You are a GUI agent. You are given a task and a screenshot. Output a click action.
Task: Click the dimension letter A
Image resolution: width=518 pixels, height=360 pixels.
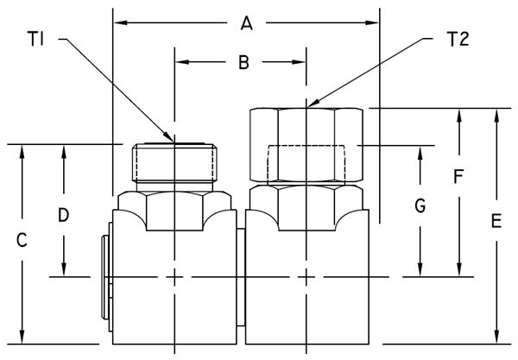click(x=246, y=25)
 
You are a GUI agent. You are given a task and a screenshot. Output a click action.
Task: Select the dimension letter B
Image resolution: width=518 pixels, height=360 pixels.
click(x=243, y=62)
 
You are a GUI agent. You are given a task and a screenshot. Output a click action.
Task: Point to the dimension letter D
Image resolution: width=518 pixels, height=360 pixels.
click(x=63, y=213)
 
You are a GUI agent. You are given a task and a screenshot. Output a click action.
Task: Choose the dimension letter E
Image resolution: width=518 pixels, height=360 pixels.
click(x=495, y=222)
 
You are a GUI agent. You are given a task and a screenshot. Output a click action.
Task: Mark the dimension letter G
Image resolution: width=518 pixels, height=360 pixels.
click(x=420, y=207)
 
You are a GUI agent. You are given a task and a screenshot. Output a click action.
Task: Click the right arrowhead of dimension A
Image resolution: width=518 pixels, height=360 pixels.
click(x=374, y=24)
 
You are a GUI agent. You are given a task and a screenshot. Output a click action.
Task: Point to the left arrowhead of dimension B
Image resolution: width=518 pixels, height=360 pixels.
click(x=180, y=61)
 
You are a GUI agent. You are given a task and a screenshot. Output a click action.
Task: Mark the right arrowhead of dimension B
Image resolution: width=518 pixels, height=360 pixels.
click(x=301, y=61)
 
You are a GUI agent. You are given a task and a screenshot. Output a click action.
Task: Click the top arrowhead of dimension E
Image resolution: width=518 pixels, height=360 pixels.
click(x=496, y=114)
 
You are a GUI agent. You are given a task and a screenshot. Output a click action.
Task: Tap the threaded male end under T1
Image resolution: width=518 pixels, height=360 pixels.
click(x=174, y=163)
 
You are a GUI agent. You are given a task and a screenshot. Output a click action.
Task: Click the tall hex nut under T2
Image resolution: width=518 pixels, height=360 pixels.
click(x=306, y=144)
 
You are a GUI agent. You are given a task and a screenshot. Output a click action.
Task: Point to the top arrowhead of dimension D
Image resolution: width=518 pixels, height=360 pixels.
click(x=64, y=149)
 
